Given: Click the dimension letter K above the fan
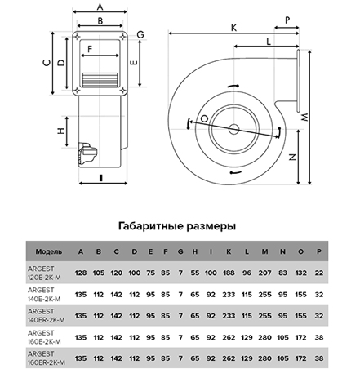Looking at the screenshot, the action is tap(233, 28).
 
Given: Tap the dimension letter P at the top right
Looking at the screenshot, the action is tap(287, 20).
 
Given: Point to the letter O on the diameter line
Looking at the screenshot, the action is tap(204, 118).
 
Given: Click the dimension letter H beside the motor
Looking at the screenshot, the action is tap(61, 131).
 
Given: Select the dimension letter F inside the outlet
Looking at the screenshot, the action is tap(90, 49).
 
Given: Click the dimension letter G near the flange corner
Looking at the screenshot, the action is tap(140, 34).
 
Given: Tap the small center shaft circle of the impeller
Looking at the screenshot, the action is tap(233, 129).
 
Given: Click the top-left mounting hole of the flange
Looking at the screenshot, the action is tap(78, 37).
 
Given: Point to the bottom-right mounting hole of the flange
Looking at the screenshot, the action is tap(122, 90).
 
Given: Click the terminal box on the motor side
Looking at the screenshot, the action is tap(87, 153).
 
